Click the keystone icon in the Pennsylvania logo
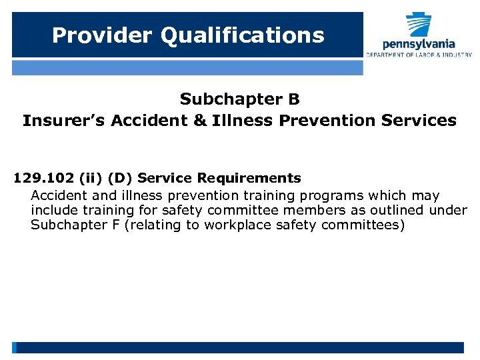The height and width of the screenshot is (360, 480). pyautogui.click(x=419, y=25)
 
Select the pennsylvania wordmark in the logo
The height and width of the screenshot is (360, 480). pyautogui.click(x=419, y=44)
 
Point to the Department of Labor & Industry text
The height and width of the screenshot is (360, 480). pyautogui.click(x=419, y=55)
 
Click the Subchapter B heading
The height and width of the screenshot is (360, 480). pyautogui.click(x=240, y=99)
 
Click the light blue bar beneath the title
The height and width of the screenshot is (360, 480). pyautogui.click(x=187, y=67)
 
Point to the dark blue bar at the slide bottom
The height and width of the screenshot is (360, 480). pyautogui.click(x=240, y=347)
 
